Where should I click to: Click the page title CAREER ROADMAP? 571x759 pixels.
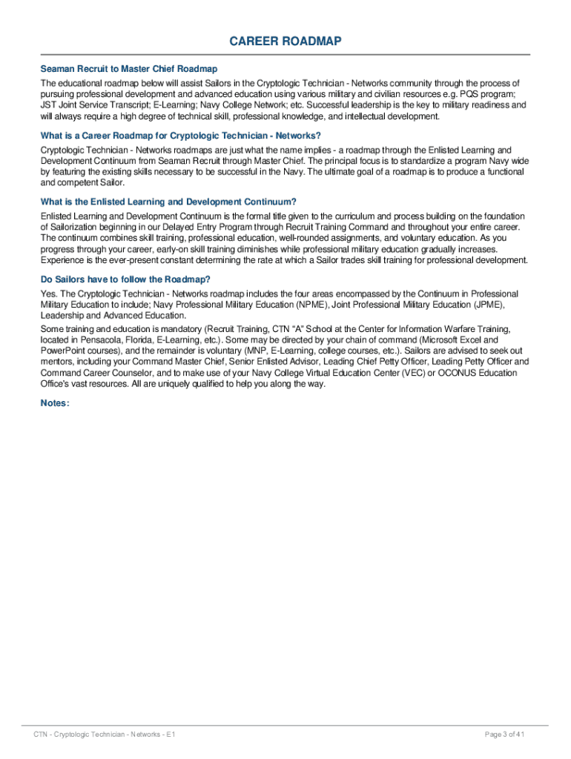click(285, 42)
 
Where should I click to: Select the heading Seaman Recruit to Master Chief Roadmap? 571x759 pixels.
click(129, 69)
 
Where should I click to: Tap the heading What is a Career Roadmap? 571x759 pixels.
click(181, 136)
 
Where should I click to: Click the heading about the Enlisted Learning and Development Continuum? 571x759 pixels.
click(168, 202)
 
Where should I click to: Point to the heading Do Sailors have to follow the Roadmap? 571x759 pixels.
click(125, 279)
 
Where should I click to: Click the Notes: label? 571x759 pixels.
click(56, 403)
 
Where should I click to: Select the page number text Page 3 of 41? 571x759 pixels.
click(504, 735)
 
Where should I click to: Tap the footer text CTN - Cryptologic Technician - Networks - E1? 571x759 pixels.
click(105, 735)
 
